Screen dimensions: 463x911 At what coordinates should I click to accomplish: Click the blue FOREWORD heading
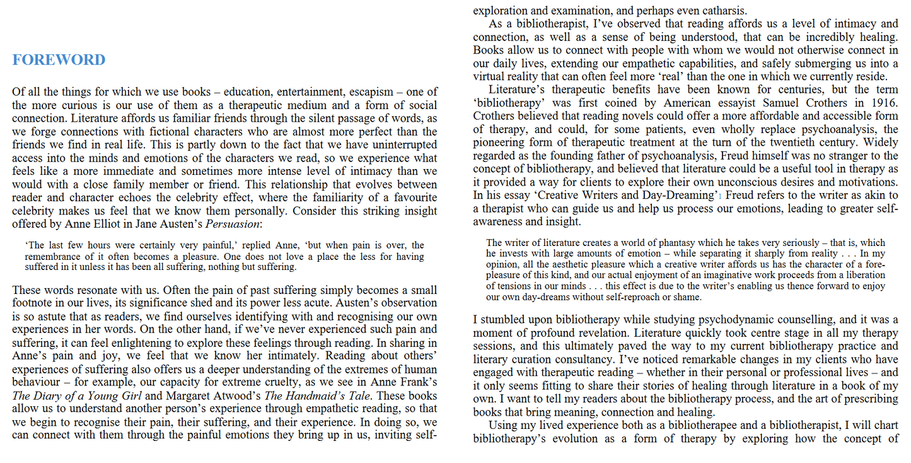(59, 60)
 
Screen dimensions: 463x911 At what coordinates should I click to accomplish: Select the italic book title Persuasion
(233, 224)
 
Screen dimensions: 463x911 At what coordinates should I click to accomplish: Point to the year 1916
(885, 103)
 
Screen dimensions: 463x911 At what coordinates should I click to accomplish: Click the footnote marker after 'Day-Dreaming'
(719, 197)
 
